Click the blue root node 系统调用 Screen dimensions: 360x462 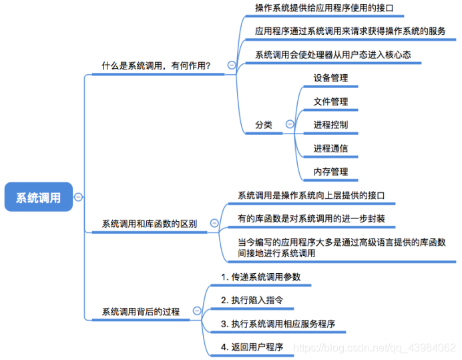(x=38, y=197)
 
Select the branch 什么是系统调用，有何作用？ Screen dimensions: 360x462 (x=156, y=65)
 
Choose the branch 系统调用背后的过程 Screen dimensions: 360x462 (x=140, y=311)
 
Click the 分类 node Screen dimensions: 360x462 (x=264, y=124)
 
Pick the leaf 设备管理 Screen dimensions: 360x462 (x=330, y=77)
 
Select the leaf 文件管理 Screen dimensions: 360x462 (x=330, y=102)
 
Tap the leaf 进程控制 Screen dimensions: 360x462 (x=330, y=124)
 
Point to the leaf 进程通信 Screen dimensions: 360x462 (x=330, y=148)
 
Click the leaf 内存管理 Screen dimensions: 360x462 (x=330, y=172)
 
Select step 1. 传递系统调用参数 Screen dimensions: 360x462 (x=256, y=277)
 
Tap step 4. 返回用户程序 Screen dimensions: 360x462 (x=252, y=347)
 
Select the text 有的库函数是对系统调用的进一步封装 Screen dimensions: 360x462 (x=311, y=218)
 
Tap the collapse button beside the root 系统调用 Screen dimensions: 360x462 (x=79, y=197)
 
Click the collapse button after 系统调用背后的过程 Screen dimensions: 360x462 (x=196, y=311)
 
